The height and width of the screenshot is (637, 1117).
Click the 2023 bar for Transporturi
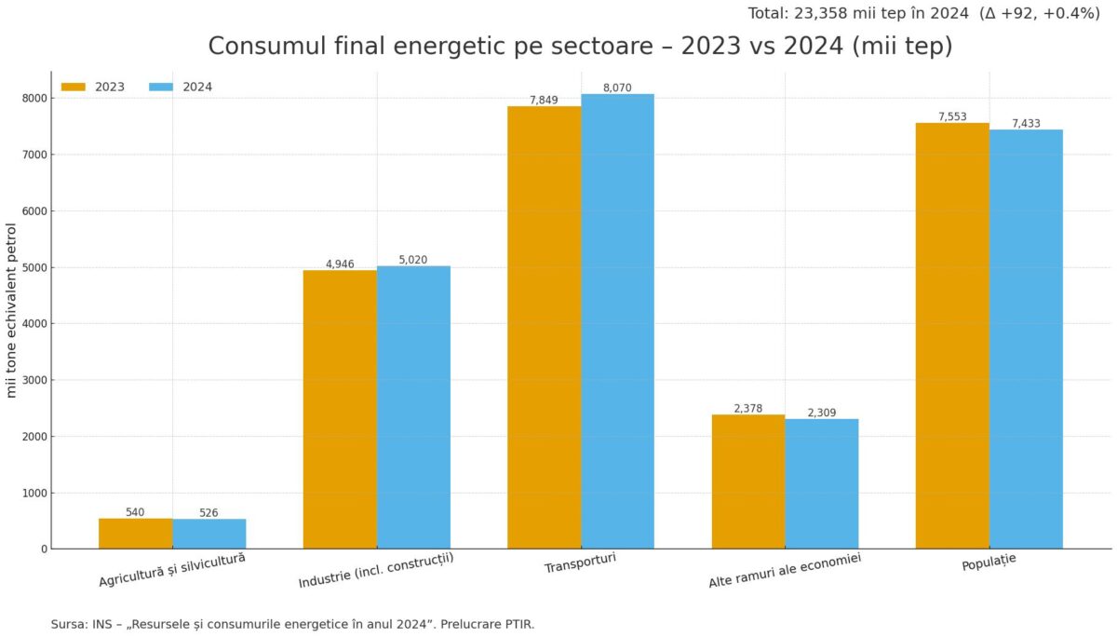544,327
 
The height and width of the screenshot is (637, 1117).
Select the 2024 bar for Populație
1026,339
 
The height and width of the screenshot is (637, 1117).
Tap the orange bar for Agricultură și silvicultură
135,534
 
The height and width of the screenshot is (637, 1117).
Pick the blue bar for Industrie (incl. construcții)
413,407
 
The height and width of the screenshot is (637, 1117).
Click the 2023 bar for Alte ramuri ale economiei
748,481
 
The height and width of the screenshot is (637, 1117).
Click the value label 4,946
340,264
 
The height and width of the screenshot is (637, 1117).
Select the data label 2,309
822,413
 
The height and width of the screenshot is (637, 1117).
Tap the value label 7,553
951,116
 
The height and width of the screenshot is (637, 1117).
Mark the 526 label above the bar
209,513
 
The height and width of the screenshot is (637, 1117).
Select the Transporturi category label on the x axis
581,565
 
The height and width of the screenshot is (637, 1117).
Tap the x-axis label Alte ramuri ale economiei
785,570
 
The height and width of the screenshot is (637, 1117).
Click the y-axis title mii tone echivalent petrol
12,310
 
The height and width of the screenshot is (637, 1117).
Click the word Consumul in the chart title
251,47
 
